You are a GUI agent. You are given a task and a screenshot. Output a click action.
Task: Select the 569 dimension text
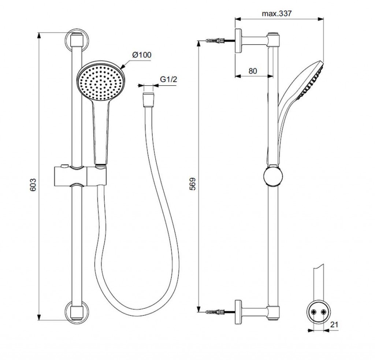pos(193,183)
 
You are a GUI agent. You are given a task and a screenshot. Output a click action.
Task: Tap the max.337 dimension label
pos(276,14)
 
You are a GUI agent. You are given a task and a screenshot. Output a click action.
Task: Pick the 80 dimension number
pos(252,71)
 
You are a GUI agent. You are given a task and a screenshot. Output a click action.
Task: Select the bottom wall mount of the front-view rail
pos(77,311)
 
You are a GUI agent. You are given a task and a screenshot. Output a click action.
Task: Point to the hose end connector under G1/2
pos(148,100)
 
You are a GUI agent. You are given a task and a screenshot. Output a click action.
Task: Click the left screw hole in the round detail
pos(313,312)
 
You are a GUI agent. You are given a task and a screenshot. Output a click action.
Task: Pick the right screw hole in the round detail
pos(323,312)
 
